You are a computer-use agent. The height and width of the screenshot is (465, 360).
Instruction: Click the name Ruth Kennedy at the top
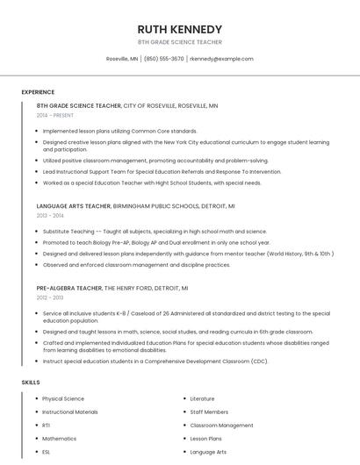[179, 28]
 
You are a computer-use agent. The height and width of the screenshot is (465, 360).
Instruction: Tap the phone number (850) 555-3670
[163, 59]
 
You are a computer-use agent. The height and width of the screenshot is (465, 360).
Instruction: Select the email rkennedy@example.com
[221, 59]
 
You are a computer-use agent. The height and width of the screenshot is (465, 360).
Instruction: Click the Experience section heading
[38, 92]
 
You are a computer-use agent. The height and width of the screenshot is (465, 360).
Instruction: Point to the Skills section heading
[31, 383]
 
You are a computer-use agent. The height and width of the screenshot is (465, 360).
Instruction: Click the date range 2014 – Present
[55, 115]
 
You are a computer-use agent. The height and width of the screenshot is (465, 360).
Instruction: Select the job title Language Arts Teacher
[74, 205]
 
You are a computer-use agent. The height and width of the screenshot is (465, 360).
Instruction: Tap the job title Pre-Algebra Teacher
[69, 288]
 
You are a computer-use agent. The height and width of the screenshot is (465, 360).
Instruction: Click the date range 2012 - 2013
[50, 297]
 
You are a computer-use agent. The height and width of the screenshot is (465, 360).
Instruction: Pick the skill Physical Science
[63, 399]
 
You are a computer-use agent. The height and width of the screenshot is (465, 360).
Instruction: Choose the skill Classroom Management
[221, 426]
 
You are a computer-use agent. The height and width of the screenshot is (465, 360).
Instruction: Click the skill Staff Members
[209, 412]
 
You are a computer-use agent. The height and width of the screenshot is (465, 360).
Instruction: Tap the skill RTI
[47, 426]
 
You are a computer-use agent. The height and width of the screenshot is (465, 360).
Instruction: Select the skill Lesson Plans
[206, 439]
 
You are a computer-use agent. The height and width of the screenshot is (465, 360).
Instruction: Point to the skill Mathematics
[60, 439]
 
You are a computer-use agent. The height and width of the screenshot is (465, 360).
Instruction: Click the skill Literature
[202, 399]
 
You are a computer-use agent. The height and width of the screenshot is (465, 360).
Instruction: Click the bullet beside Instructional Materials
[36, 412]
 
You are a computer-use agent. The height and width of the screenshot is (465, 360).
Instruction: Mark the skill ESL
[47, 452]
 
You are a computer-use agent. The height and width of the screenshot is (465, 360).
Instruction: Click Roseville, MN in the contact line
[122, 59]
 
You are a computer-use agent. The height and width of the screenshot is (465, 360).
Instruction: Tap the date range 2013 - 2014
[50, 215]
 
